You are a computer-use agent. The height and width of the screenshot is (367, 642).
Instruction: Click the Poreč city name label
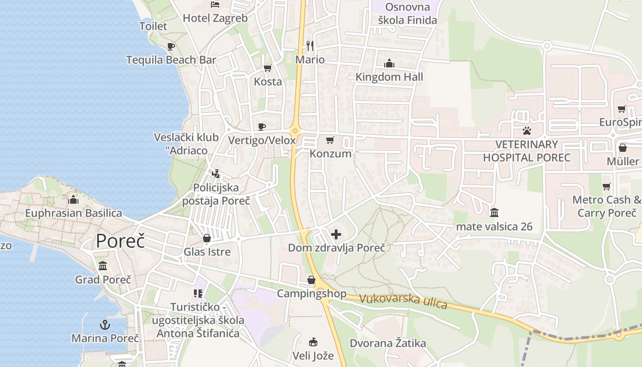click(x=120, y=241)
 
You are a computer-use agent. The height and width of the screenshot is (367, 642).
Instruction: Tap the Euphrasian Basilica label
click(x=73, y=213)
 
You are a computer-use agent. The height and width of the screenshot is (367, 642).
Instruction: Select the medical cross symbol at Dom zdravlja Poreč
click(x=336, y=235)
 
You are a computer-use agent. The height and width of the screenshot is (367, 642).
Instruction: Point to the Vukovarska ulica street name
click(x=403, y=301)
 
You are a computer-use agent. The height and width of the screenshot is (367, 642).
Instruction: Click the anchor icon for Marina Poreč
click(x=105, y=325)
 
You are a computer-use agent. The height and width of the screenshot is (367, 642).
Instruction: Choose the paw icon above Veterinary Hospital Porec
click(x=526, y=131)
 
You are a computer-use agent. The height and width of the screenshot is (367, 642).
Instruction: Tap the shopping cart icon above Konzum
click(x=330, y=140)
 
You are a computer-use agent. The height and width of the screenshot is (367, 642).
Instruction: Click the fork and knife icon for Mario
click(x=310, y=45)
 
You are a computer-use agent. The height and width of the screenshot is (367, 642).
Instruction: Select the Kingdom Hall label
click(x=389, y=77)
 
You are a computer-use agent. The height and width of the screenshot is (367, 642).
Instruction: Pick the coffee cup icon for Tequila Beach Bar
click(x=171, y=46)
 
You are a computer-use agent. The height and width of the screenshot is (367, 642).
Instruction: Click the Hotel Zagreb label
click(x=215, y=18)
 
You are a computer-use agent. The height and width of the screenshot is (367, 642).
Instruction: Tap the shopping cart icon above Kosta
click(x=268, y=68)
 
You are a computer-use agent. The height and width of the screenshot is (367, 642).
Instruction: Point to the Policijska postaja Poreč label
click(x=216, y=194)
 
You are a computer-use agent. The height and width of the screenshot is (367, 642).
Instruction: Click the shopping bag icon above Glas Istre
click(x=207, y=239)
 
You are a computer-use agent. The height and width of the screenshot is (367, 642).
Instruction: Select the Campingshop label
click(x=311, y=293)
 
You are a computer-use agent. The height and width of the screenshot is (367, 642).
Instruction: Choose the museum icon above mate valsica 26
click(x=494, y=213)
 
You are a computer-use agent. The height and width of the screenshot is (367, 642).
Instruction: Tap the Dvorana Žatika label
click(x=387, y=343)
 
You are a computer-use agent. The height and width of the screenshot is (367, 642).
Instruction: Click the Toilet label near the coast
click(x=153, y=26)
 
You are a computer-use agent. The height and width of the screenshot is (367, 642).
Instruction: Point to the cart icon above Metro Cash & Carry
click(x=607, y=187)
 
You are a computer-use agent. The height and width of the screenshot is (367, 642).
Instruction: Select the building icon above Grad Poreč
click(x=103, y=266)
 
